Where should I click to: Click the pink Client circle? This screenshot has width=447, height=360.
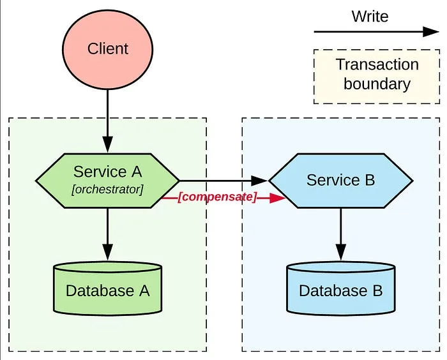click(108, 50)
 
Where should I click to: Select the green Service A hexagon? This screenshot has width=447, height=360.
click(107, 181)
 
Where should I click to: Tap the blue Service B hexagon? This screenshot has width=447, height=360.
click(340, 181)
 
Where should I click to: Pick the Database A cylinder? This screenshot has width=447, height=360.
click(108, 288)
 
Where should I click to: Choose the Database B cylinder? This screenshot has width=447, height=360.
click(340, 288)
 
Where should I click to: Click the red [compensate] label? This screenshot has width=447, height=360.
click(217, 197)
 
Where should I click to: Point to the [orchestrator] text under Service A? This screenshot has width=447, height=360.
click(107, 190)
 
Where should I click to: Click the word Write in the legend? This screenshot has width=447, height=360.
click(370, 16)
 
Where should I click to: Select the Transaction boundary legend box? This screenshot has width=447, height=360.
click(377, 77)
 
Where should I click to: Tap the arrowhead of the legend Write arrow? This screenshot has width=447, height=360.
click(431, 32)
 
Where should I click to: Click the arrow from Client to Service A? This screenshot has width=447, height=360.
click(108, 121)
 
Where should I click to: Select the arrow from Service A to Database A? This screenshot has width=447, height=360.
click(108, 234)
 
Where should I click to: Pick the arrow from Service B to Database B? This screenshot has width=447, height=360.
click(340, 234)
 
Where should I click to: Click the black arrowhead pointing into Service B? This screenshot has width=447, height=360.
click(259, 181)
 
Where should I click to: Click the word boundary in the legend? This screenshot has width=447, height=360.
click(377, 84)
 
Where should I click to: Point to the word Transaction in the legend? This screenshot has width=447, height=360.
click(377, 64)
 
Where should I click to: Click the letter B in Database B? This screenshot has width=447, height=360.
click(377, 290)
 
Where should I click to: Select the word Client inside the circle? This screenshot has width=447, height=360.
click(108, 49)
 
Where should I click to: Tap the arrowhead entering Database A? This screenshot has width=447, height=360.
click(108, 252)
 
